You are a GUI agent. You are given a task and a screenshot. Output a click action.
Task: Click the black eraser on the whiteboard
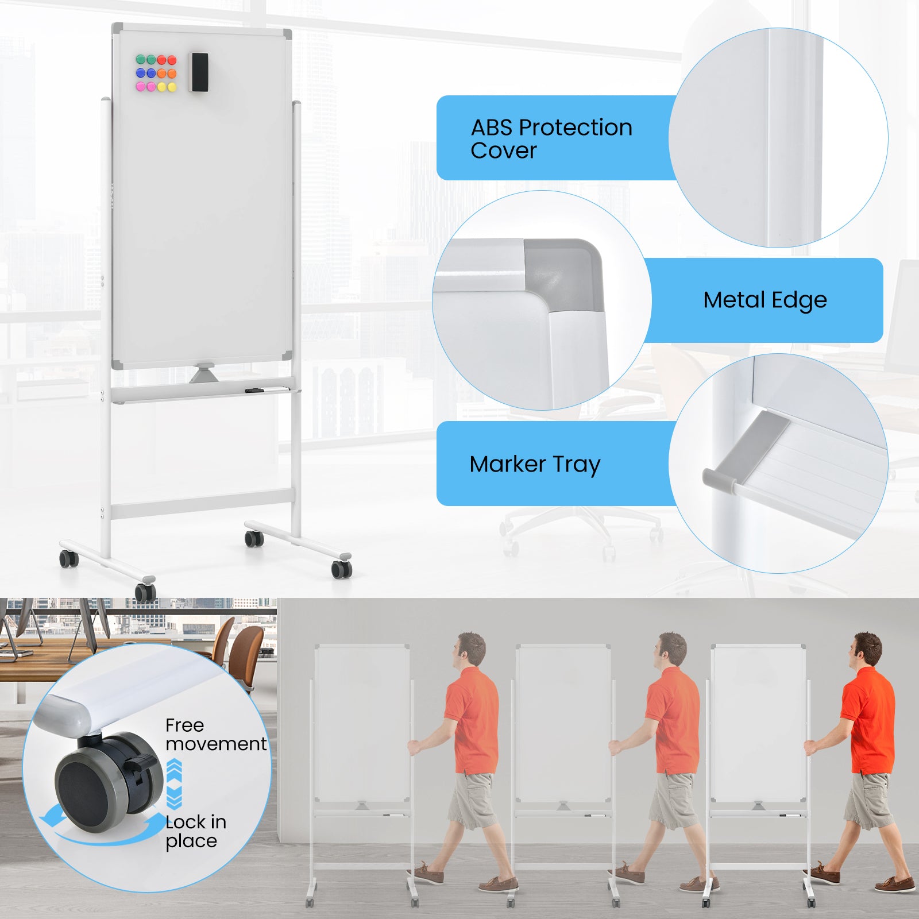(x=199, y=72)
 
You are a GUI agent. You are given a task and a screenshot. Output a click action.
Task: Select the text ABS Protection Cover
(x=551, y=138)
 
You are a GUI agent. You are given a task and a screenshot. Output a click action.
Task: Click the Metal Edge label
(x=765, y=300)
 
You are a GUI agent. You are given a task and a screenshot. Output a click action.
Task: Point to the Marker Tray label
(x=535, y=464)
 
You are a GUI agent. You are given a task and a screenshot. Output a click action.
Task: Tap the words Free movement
(x=216, y=735)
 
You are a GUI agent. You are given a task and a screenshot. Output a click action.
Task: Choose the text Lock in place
(x=196, y=831)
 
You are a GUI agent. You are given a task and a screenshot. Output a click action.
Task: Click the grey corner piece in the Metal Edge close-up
(x=566, y=275)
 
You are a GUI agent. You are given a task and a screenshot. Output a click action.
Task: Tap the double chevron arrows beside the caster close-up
(x=174, y=783)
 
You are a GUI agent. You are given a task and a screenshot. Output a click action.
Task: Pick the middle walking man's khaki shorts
(x=674, y=801)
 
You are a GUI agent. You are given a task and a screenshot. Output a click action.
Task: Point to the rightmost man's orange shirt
(x=868, y=720)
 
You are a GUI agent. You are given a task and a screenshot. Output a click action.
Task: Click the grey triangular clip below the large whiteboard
(x=204, y=374)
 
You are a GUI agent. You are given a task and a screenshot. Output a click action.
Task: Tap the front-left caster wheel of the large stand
(x=145, y=592)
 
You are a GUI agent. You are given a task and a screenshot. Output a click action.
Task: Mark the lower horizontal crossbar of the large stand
(x=203, y=504)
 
